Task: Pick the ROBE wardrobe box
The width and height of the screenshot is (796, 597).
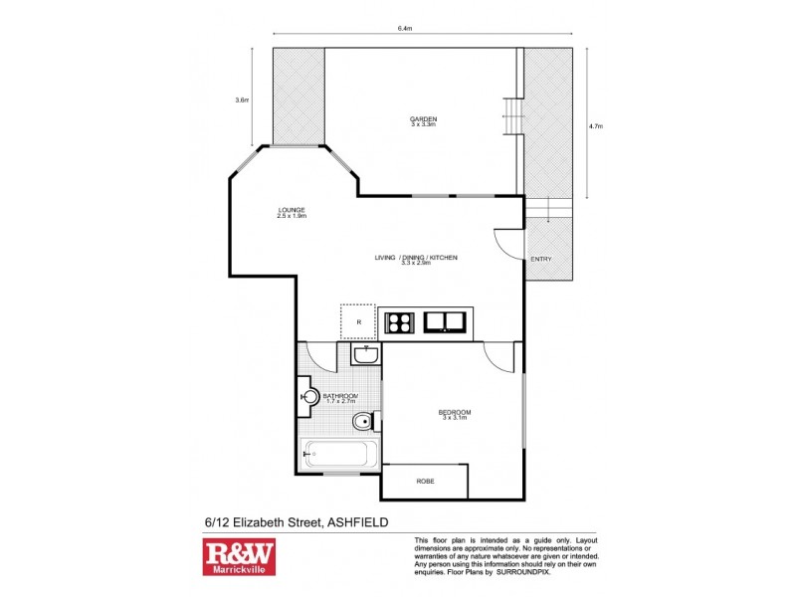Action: pos(425,481)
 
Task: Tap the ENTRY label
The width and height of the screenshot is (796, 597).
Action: pos(540,260)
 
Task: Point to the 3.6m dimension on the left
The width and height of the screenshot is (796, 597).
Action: pos(241,99)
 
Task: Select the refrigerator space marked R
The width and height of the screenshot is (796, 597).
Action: pos(357,320)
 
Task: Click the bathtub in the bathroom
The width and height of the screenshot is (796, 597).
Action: pos(338,454)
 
